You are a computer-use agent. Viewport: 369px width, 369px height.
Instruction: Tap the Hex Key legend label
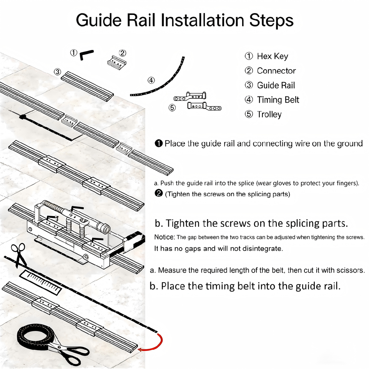pyautogui.click(x=272, y=57)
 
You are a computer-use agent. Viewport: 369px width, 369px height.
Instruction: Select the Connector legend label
pyautogui.click(x=276, y=71)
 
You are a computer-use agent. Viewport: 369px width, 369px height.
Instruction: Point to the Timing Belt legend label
pyautogui.click(x=278, y=100)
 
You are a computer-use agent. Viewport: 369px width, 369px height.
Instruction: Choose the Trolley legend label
pyautogui.click(x=269, y=115)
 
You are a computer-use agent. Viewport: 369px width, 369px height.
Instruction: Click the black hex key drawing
pyautogui.click(x=87, y=55)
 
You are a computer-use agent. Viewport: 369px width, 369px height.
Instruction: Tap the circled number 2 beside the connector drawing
pyautogui.click(x=123, y=53)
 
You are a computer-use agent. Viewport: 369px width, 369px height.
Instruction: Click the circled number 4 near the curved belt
pyautogui.click(x=151, y=80)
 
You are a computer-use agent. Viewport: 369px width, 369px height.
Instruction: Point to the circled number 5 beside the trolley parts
pyautogui.click(x=172, y=108)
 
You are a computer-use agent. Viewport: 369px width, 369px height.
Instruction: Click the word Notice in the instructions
pyautogui.click(x=165, y=237)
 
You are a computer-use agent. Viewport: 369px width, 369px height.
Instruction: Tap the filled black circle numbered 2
pyautogui.click(x=160, y=194)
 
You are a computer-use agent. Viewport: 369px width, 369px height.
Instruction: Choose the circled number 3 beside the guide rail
pyautogui.click(x=57, y=72)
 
